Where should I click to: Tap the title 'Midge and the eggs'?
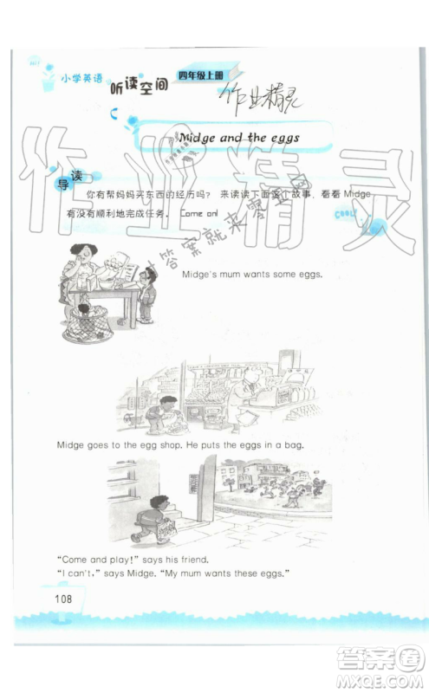[x=238, y=138]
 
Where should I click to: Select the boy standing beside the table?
[x=148, y=289]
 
